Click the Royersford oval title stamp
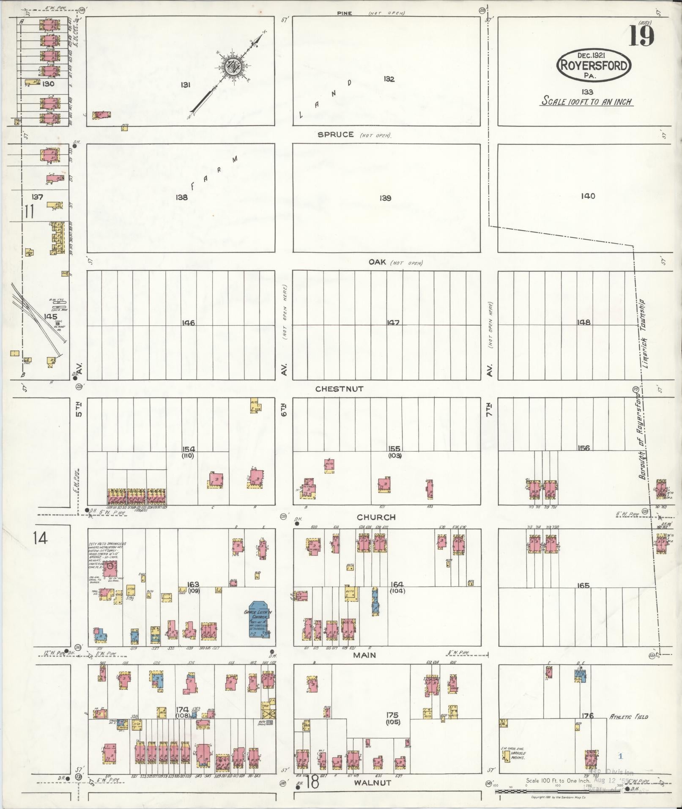click(x=594, y=66)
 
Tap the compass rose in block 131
click(x=232, y=67)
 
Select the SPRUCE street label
click(x=336, y=135)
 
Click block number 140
click(x=588, y=196)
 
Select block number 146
click(x=188, y=323)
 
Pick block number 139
click(x=385, y=198)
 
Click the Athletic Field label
click(x=628, y=717)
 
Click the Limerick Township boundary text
click(x=649, y=332)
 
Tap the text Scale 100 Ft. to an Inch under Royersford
click(x=587, y=102)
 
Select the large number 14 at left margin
click(x=41, y=538)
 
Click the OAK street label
click(x=377, y=262)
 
